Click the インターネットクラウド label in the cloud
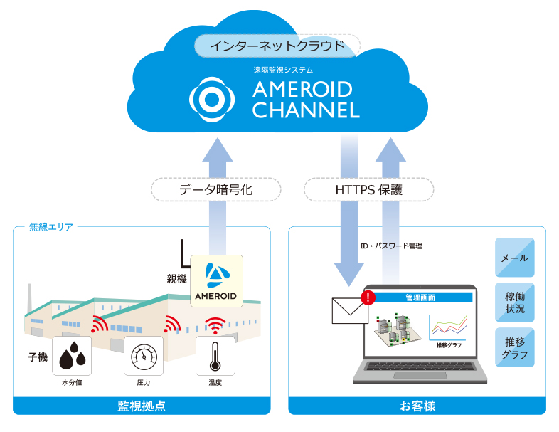[x=277, y=46]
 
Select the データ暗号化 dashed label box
[x=216, y=190]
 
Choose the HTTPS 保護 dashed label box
[x=368, y=190]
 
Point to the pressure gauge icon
[x=143, y=356]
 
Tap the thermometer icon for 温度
[x=215, y=356]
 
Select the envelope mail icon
[x=348, y=310]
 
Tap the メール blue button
[x=514, y=258]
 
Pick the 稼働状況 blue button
[x=514, y=302]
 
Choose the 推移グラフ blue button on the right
[x=514, y=348]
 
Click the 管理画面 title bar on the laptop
[x=420, y=297]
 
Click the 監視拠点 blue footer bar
[x=142, y=406]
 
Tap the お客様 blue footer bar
[x=417, y=406]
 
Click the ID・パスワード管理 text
[x=392, y=246]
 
